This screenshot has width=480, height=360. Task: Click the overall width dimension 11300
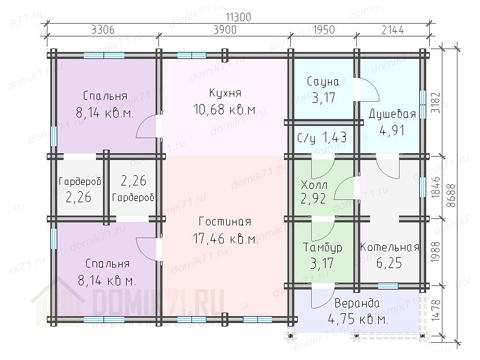[238, 17]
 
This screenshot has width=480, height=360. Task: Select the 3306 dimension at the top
[103, 30]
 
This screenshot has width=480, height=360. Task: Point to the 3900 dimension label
[225, 30]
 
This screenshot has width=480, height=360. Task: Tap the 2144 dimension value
[393, 30]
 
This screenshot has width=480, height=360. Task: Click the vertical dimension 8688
[451, 196]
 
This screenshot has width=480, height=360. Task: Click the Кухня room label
[225, 92]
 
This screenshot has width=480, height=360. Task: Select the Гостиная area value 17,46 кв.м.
[226, 239]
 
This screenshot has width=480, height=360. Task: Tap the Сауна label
[323, 81]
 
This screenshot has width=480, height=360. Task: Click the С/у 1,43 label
[322, 138]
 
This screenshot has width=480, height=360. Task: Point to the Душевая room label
[392, 114]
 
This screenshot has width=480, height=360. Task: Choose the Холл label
[314, 185]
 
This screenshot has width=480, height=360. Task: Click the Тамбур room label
[322, 247]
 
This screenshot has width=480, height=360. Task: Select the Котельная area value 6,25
[389, 263]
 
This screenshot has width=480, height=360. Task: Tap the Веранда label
[357, 303]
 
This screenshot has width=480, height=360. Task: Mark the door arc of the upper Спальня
[142, 122]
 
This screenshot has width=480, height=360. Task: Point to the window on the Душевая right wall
[422, 104]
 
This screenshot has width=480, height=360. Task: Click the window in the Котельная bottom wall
[388, 286]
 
